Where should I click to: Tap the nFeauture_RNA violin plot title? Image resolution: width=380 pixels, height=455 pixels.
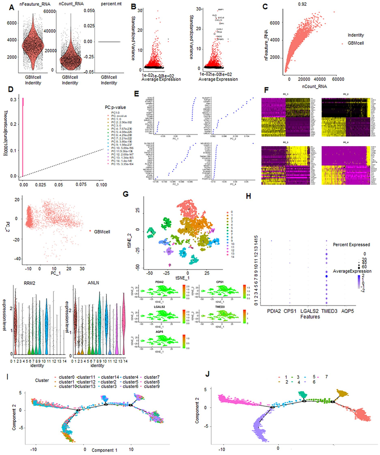coord(35,4)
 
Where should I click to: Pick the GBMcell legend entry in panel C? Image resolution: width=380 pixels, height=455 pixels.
coord(356,43)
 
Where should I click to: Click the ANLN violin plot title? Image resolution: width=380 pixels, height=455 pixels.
coord(93,283)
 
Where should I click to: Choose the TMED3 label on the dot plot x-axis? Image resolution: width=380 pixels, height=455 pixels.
coord(329,311)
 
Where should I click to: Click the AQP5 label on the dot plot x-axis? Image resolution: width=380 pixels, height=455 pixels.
coord(347,311)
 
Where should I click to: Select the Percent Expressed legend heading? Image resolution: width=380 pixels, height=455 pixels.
coord(351,245)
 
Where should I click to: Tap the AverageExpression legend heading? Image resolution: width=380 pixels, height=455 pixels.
coord(352,271)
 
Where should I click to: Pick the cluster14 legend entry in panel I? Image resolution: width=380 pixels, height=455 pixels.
coord(110,377)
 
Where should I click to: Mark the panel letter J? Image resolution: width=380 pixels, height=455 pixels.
coord(207,374)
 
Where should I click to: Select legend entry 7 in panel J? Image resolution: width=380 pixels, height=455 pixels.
coord(326,377)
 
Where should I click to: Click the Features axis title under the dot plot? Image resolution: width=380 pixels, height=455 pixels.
coord(310,317)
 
